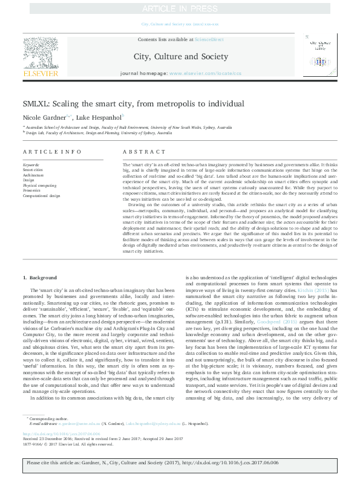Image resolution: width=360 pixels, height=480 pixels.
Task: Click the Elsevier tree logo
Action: [x=40, y=54]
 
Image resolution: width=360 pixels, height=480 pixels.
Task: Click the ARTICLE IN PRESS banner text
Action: [x=180, y=8]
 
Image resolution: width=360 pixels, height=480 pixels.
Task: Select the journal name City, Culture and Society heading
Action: [x=180, y=56]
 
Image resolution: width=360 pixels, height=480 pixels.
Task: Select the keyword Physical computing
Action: [x=39, y=186]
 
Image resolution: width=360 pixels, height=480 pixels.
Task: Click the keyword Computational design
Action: [x=41, y=195]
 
